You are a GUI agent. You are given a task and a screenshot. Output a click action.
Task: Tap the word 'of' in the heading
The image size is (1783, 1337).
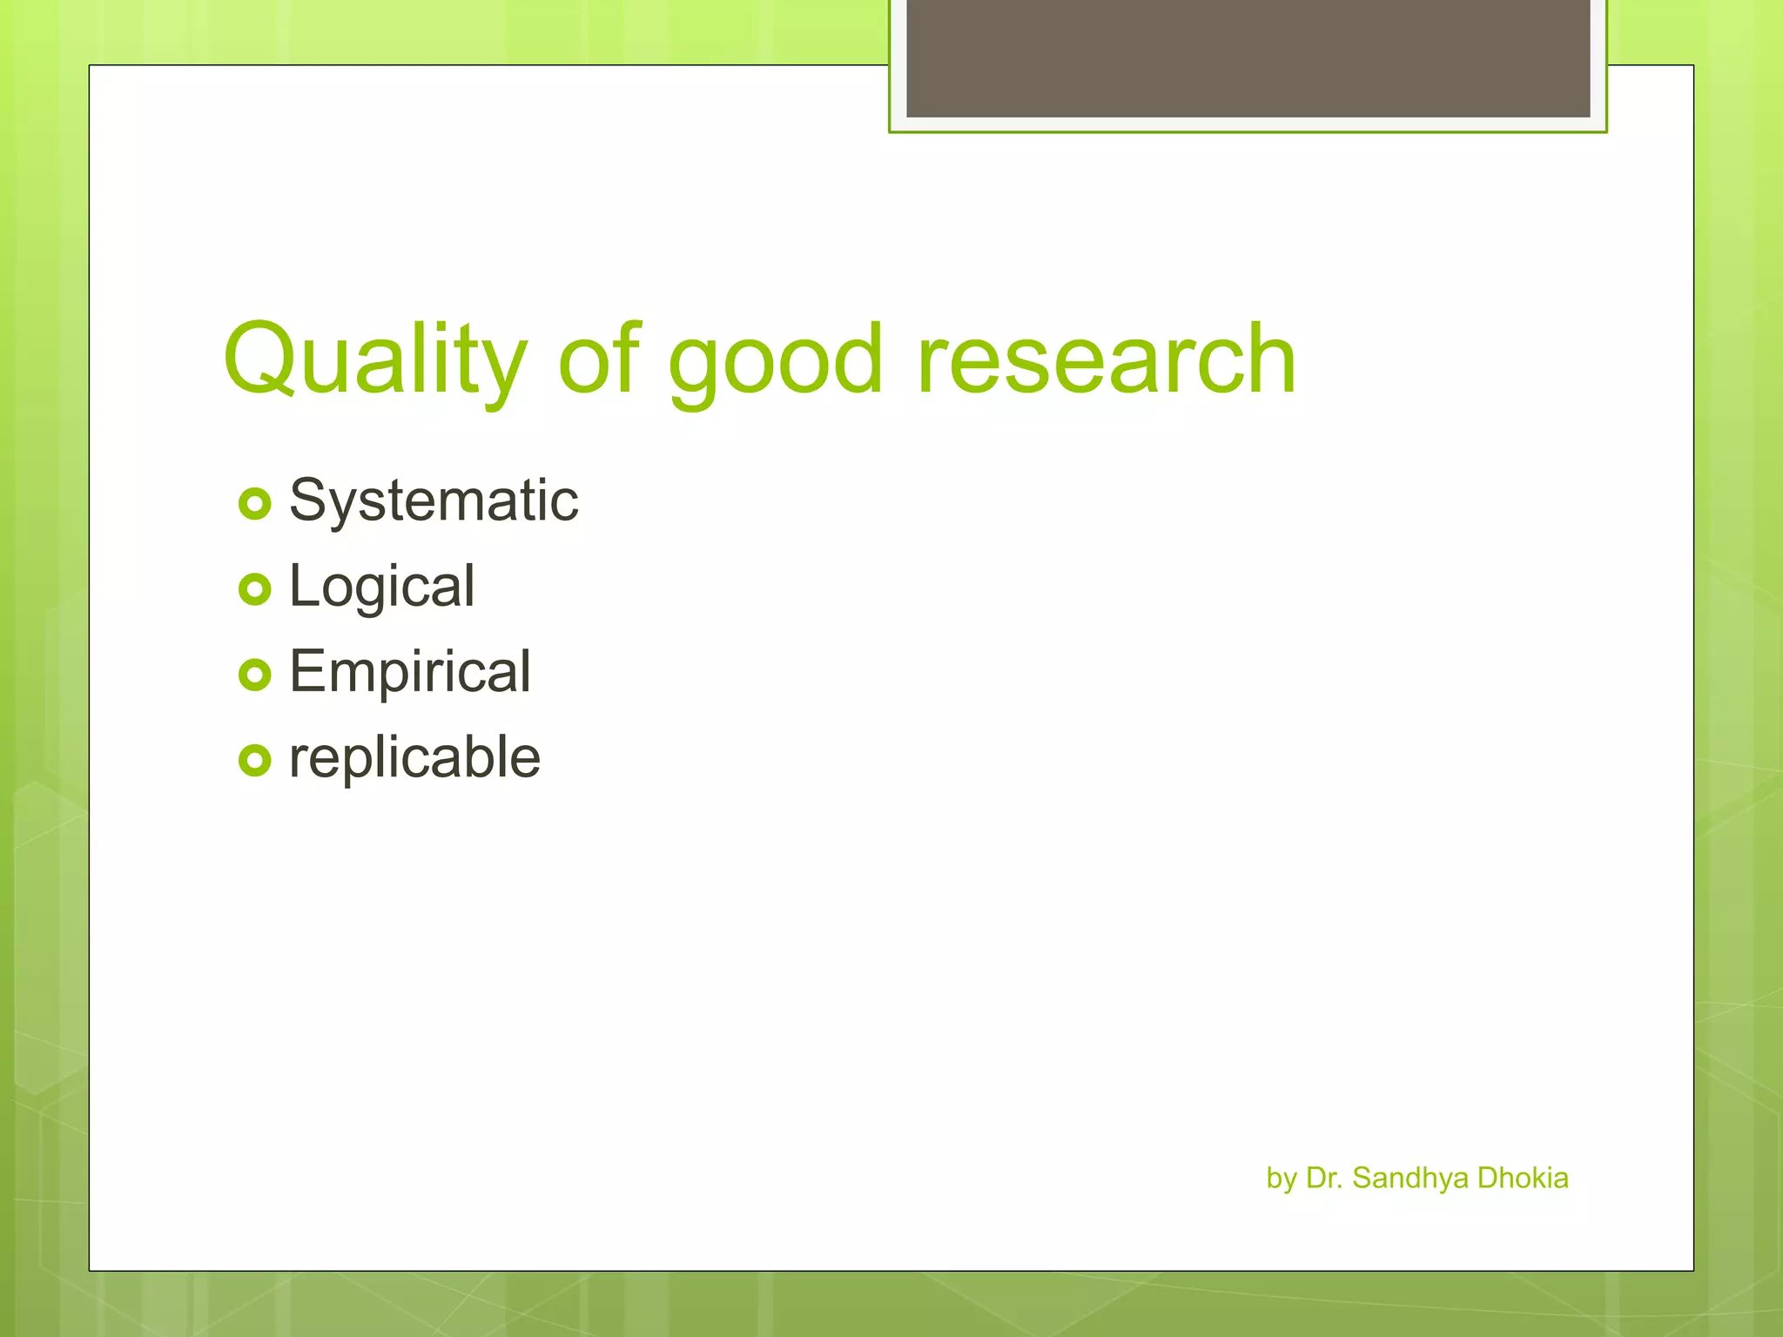pos(599,358)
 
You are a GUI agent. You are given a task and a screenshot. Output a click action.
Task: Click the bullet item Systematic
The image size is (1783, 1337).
pos(434,501)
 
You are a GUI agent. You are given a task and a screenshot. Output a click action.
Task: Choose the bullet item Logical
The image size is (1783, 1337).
pos(381,587)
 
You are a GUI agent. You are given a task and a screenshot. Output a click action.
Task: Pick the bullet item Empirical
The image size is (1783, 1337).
pos(409,672)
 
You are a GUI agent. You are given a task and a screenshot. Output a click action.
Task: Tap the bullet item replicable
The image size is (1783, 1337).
pos(414,757)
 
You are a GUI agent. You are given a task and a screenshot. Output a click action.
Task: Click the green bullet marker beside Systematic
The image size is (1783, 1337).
pos(254,503)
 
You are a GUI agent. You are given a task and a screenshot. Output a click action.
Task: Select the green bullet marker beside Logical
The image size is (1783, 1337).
pos(254,589)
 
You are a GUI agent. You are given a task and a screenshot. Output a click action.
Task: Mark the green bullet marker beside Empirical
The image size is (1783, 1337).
pos(254,675)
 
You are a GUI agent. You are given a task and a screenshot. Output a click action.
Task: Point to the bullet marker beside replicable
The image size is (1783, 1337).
pos(254,760)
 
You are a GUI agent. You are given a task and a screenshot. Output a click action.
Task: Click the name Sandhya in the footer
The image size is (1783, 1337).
pos(1410,1178)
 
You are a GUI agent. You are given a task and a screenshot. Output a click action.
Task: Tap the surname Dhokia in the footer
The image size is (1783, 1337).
pos(1523,1178)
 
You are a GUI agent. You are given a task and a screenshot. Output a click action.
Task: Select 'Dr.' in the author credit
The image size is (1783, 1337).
pos(1324,1178)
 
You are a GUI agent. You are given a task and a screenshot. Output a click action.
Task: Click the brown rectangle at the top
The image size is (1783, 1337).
pos(1248,57)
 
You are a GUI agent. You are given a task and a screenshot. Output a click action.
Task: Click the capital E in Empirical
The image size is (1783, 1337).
pos(308,672)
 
